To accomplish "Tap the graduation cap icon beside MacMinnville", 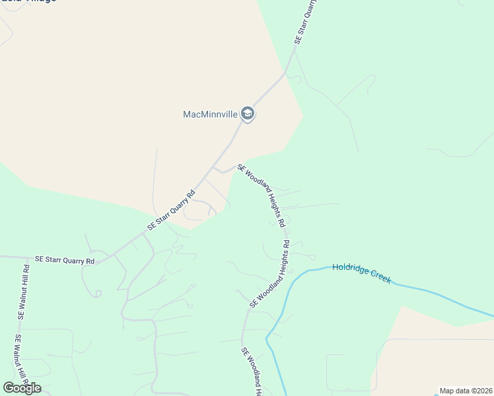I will pos(248,114).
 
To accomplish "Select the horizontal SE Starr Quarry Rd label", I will pos(65,261).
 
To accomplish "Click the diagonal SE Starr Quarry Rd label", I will pos(172,210).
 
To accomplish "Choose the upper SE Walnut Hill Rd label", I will pos(24,292).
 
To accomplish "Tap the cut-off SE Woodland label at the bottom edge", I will pos(250,372).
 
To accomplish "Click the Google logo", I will pos(22,387).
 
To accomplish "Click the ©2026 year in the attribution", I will pos(481,391).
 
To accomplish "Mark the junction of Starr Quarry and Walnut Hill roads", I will pos(28,257).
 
